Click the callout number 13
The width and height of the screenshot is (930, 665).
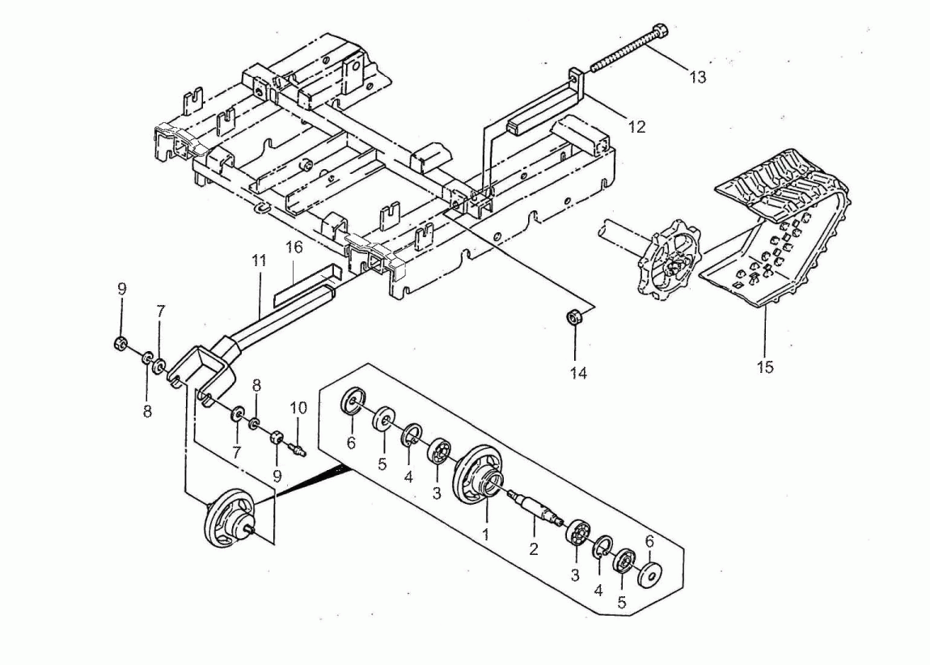click(697, 78)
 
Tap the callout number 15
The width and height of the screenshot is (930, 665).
click(764, 366)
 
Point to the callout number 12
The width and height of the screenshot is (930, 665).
click(637, 127)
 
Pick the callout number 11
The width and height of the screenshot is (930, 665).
click(258, 260)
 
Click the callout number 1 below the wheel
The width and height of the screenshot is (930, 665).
click(487, 535)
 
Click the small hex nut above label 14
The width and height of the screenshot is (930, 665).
click(575, 318)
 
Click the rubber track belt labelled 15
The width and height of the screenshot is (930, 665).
click(776, 235)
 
